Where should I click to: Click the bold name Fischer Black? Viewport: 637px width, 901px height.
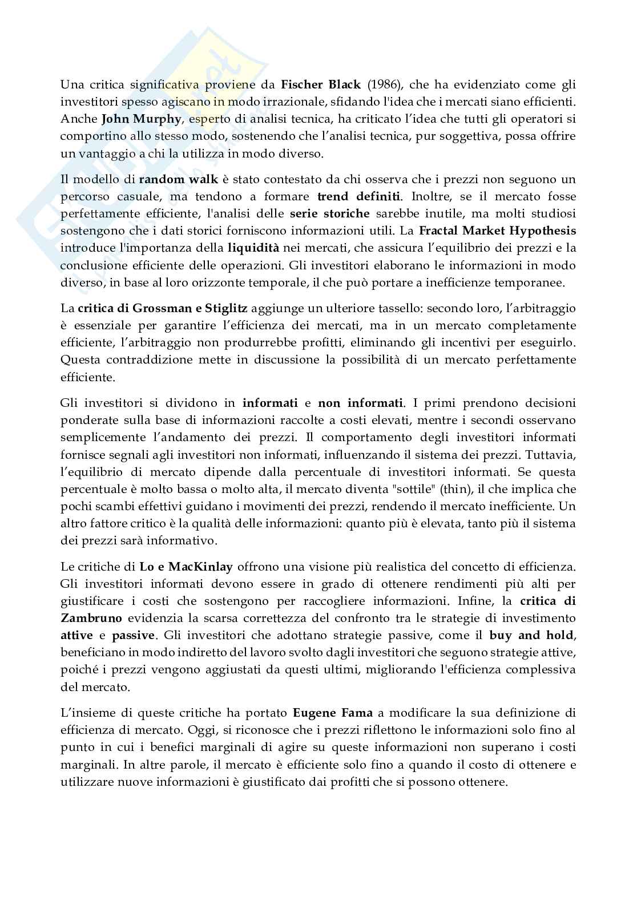[321, 85]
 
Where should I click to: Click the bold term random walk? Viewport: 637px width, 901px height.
[179, 179]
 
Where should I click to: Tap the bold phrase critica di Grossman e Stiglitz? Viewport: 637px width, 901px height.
[163, 308]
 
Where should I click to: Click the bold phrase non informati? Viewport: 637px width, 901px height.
[361, 403]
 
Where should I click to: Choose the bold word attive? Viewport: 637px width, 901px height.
[78, 635]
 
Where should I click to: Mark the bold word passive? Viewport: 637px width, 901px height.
[133, 635]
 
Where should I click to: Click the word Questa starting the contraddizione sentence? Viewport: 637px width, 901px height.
[78, 359]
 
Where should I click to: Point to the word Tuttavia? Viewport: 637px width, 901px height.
[553, 455]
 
